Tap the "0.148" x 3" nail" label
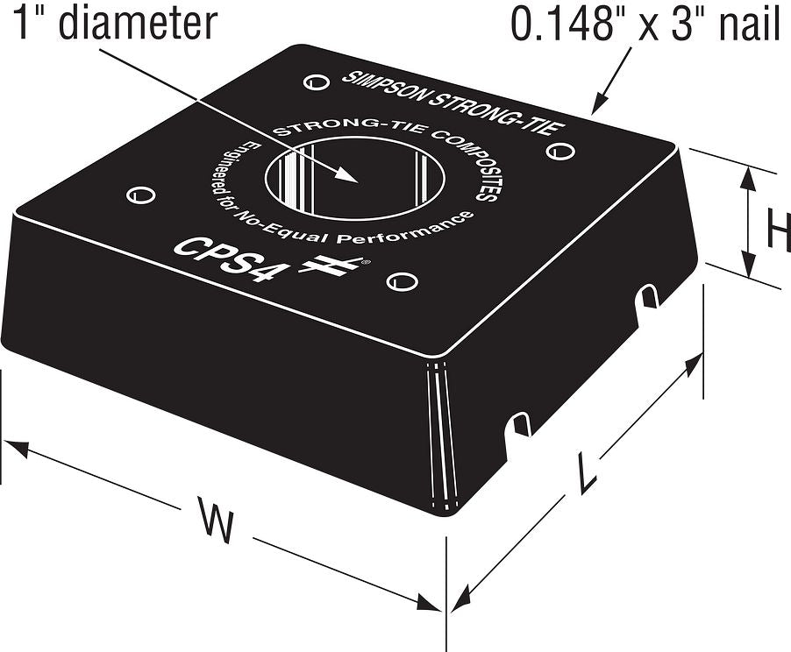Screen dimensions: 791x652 (x=645, y=23)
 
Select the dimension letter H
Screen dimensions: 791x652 (x=779, y=230)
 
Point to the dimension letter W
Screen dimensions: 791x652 (x=217, y=520)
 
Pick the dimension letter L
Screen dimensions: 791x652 (x=587, y=472)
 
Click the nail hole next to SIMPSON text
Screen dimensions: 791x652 (x=317, y=81)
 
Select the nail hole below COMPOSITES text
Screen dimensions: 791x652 (x=560, y=151)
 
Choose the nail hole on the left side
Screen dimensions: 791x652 (x=140, y=195)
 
